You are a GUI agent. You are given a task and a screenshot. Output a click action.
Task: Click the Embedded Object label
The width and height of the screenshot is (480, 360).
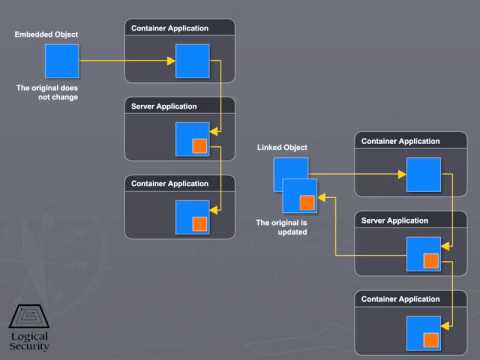[x=46, y=35]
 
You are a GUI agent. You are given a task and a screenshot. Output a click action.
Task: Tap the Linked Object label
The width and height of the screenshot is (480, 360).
[x=282, y=147]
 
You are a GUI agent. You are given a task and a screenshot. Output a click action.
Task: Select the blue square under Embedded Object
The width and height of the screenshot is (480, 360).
[x=62, y=61]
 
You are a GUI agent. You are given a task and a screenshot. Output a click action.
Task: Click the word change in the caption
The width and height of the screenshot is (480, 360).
[x=65, y=97]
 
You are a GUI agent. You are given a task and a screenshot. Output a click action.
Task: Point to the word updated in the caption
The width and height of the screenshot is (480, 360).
[x=292, y=232]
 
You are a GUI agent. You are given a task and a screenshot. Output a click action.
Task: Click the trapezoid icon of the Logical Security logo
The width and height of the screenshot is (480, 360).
[x=29, y=316]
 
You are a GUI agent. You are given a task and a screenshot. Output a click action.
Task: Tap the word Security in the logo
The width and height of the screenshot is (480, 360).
[x=29, y=346]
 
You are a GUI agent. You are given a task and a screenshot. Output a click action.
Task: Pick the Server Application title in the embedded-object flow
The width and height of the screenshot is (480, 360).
[x=164, y=107]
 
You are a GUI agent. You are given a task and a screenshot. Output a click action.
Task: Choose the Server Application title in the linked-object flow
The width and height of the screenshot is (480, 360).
[x=395, y=221]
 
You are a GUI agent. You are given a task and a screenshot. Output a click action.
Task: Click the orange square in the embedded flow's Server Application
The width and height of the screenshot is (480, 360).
[x=200, y=146]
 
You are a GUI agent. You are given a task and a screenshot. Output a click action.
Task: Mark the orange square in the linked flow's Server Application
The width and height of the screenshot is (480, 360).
[x=431, y=260]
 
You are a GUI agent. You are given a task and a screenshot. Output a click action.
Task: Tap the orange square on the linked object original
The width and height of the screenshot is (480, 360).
[x=307, y=203]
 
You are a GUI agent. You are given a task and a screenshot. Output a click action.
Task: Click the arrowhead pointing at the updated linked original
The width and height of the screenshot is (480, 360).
[x=322, y=198]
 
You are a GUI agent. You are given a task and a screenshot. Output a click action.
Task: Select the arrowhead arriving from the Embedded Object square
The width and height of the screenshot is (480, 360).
[x=171, y=61]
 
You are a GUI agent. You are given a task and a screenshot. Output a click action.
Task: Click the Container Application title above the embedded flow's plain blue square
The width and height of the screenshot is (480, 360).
[x=170, y=28]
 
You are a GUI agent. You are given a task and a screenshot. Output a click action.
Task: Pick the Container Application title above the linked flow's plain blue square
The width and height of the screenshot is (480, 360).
[x=400, y=141]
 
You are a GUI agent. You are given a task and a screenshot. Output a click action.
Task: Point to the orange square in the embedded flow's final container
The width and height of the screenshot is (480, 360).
[x=200, y=224]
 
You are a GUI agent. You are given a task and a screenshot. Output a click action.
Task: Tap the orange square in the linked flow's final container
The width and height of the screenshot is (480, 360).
[x=431, y=340]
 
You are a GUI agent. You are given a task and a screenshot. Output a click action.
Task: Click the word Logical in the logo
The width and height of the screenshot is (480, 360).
[x=29, y=337]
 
